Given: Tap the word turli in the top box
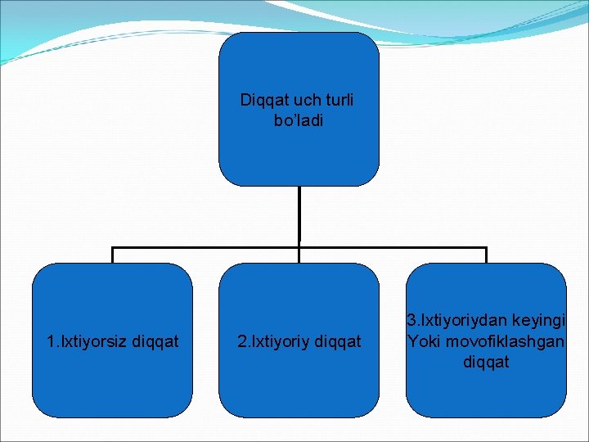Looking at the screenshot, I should pyautogui.click(x=339, y=101).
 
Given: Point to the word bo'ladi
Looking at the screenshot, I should pyautogui.click(x=299, y=120).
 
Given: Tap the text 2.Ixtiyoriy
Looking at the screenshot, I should pyautogui.click(x=272, y=341).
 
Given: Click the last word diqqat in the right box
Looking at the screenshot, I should pyautogui.click(x=486, y=361).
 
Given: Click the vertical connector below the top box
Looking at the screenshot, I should pyautogui.click(x=299, y=216).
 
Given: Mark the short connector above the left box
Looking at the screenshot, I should pyautogui.click(x=113, y=255).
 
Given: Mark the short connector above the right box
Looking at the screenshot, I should pyautogui.click(x=486, y=255).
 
